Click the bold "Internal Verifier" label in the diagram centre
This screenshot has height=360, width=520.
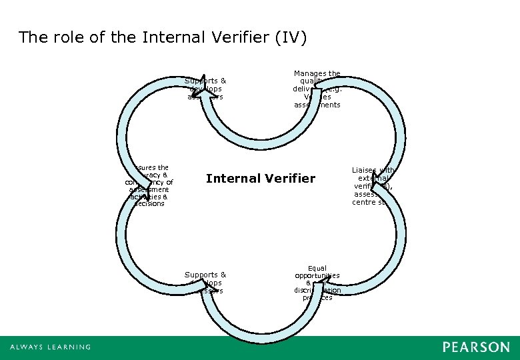[x=261, y=178]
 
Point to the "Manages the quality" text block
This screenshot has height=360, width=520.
[x=317, y=89]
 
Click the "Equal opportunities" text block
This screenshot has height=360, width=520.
[x=317, y=283]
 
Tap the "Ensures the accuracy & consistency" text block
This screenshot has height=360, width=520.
[x=149, y=186]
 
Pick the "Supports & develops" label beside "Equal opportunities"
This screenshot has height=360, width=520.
[x=205, y=282]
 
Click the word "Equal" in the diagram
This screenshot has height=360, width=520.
[x=317, y=268]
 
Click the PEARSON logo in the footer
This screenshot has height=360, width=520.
[x=476, y=347]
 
